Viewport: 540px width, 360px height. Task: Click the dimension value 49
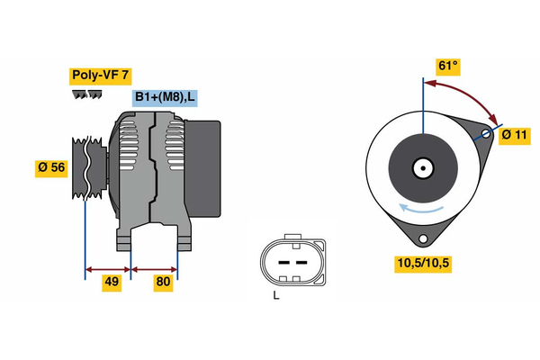[x=111, y=283]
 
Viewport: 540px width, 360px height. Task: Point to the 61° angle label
[x=447, y=66]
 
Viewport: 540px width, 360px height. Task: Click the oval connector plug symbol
[x=290, y=261]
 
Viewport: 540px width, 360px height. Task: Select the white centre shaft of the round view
[x=421, y=167]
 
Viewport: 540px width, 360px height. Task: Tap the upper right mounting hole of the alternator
[x=487, y=134]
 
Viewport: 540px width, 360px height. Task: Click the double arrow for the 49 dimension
[x=108, y=268]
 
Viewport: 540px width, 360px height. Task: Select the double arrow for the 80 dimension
[x=154, y=268]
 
